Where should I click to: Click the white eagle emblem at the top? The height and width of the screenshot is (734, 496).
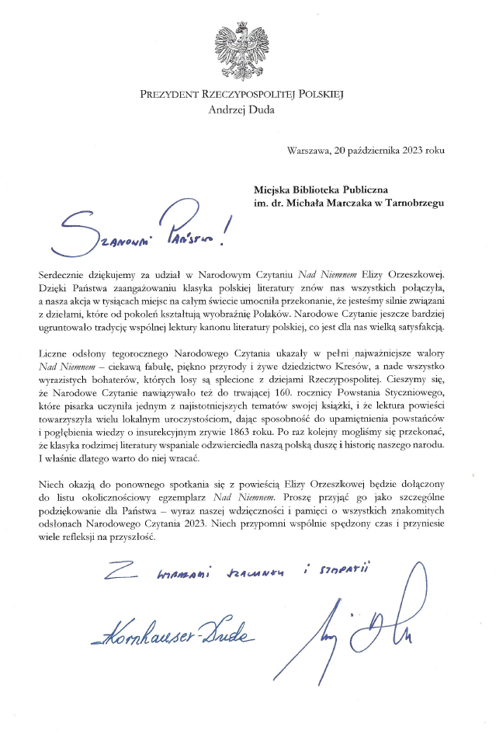(248, 48)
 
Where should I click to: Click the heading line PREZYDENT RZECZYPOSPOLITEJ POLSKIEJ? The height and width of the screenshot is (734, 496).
(248, 95)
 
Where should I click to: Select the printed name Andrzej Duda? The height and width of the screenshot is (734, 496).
(248, 110)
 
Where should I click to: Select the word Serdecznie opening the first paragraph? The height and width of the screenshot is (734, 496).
(67, 277)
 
